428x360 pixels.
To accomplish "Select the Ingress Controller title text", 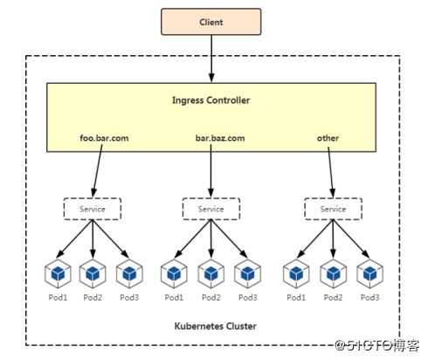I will pos(211,100).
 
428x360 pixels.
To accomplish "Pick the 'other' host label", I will pos(328,138).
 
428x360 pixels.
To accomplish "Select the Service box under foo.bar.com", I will pos(92,209).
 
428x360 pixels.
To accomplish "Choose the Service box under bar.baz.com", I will pos(211,209).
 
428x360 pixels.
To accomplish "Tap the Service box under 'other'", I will pos(332,209).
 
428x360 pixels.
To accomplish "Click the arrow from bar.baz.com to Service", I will pos(211,170).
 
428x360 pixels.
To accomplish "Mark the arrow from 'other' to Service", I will pos(331,170).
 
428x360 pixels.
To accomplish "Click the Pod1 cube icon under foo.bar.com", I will pos(58,273).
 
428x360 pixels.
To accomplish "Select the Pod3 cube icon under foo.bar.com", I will pos(129,273).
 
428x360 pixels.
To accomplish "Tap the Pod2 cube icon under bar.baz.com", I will pos(211,273).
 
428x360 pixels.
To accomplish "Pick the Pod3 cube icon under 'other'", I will pos(369,273).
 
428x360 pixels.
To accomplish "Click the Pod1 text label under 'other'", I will pos(297,298).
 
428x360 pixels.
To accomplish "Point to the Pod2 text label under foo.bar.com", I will pos(93,298).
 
